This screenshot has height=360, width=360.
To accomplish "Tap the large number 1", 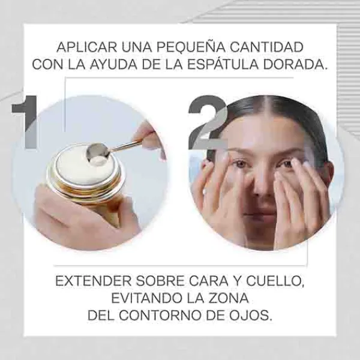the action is click(x=25, y=122).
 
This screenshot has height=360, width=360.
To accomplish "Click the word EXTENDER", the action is click(x=94, y=281).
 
